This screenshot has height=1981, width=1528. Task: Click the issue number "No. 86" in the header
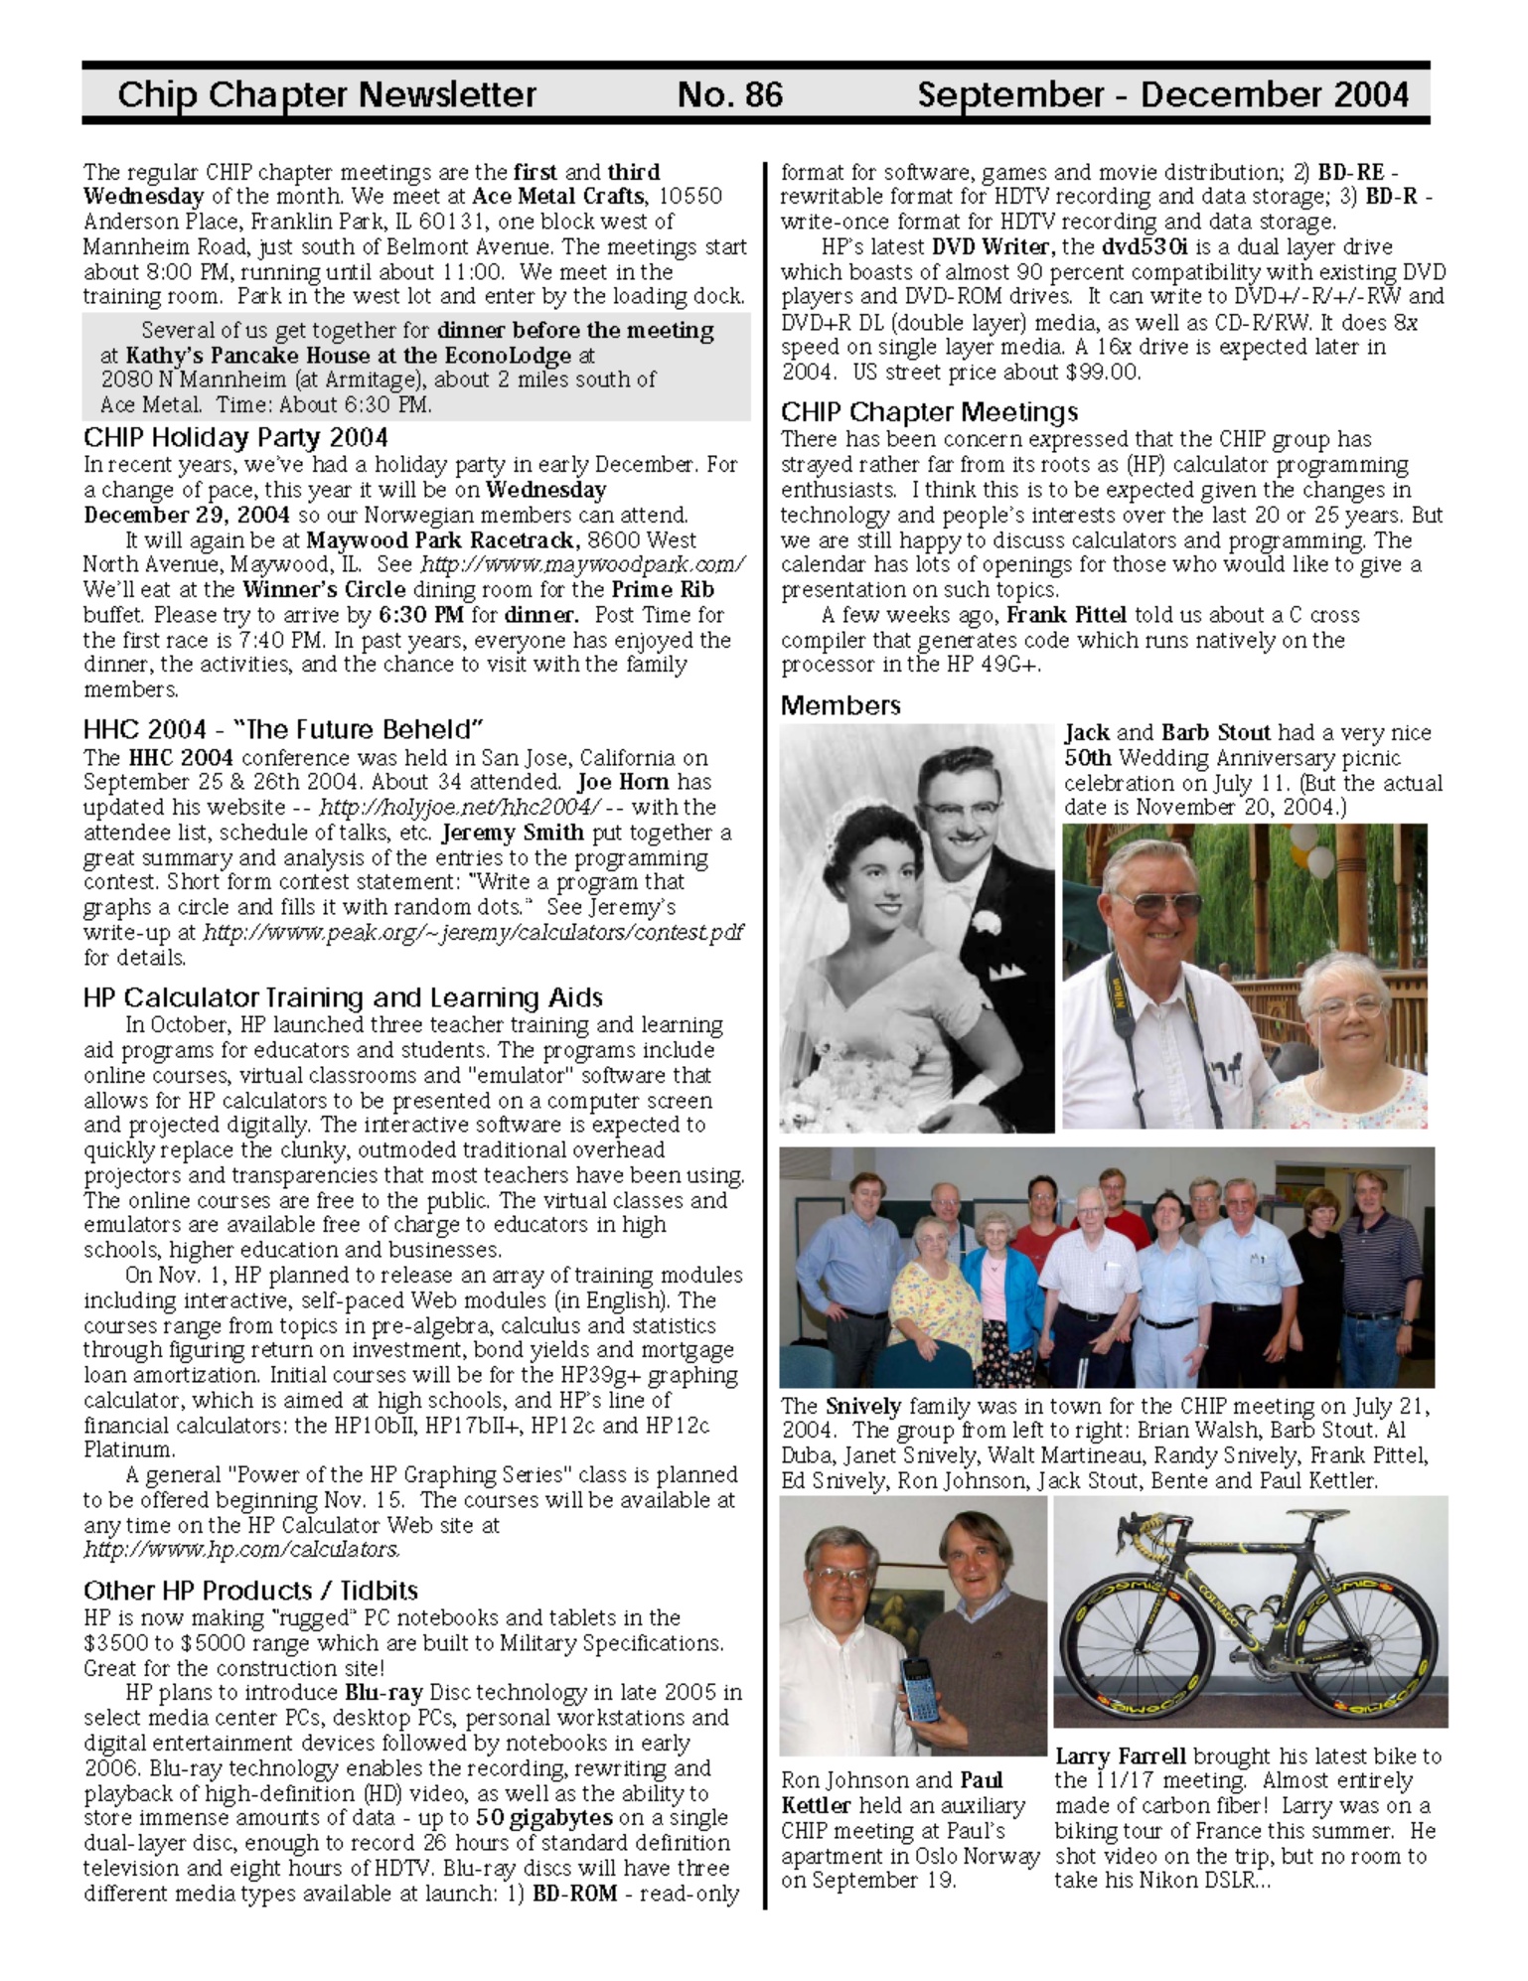pos(729,94)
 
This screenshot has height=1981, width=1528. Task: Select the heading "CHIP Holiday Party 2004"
pos(235,438)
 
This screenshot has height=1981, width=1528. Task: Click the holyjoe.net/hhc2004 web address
pos(460,808)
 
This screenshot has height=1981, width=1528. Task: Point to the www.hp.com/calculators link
pos(241,1549)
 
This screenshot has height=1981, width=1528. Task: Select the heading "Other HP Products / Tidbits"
pos(250,1591)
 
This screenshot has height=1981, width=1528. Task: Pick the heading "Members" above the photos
pos(840,705)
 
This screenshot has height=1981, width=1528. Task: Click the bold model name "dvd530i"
pos(1144,246)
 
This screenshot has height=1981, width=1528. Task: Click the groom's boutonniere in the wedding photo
pos(986,922)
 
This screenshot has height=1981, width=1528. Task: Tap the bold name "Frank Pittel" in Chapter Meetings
pos(1066,615)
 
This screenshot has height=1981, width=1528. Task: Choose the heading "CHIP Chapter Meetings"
pos(928,412)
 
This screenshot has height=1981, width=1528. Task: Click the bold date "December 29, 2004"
pos(187,516)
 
